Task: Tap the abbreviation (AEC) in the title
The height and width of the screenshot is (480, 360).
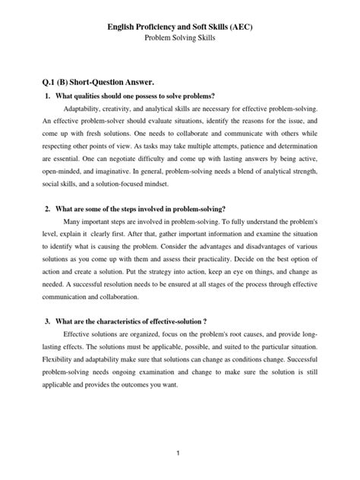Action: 256,27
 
